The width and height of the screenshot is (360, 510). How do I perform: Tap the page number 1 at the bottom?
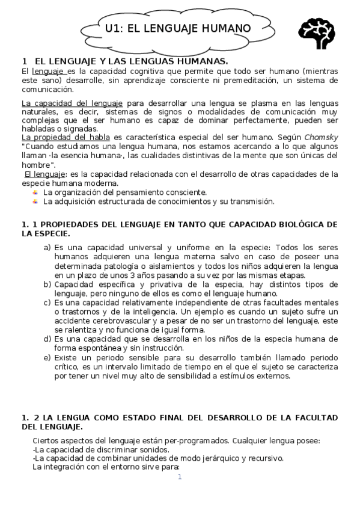tap(179, 477)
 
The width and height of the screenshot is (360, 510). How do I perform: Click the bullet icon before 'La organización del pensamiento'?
tap(35, 192)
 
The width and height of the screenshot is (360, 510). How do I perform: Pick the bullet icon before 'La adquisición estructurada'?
tap(35, 201)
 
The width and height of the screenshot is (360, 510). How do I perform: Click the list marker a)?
tap(47, 247)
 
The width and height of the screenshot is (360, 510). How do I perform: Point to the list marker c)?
tap(47, 303)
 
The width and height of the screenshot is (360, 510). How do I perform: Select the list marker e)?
tap(47, 358)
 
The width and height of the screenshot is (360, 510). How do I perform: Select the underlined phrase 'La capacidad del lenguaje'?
tap(72, 103)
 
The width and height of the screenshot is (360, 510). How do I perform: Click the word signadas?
tap(79, 128)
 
